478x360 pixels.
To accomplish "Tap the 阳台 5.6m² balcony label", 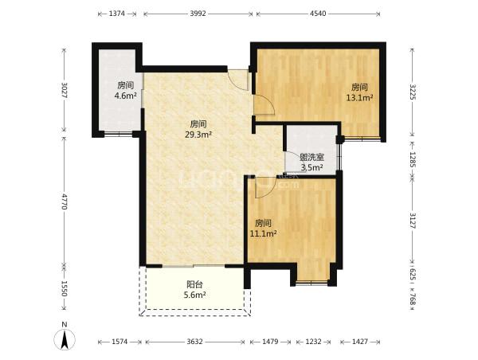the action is (195, 290).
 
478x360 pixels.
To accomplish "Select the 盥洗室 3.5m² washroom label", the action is (311, 162).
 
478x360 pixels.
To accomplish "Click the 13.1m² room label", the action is (359, 92).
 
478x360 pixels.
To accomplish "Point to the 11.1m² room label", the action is (263, 229).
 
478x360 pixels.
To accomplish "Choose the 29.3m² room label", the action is (198, 129).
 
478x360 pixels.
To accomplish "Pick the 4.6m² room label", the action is (125, 91).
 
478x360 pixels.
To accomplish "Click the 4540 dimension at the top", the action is (318, 14).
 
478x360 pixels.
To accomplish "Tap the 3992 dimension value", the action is (198, 14).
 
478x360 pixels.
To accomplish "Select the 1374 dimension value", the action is (117, 14).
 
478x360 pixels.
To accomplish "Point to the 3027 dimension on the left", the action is (64, 90).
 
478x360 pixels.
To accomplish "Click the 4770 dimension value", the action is (64, 202).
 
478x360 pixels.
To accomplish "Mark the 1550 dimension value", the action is (64, 288).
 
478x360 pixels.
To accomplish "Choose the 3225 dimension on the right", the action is (413, 92).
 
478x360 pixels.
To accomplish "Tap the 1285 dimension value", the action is (413, 160).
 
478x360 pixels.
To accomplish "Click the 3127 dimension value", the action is (413, 220).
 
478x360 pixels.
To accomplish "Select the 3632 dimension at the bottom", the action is (195, 342).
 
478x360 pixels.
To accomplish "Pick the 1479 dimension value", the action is (270, 342).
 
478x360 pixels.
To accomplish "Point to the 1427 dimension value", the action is (360, 342).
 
